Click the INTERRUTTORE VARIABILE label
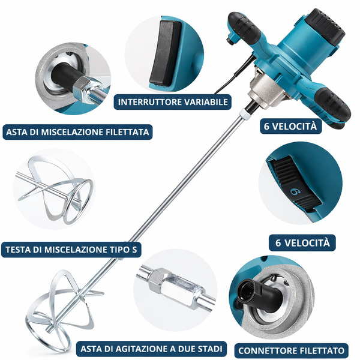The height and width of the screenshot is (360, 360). tap(172, 102)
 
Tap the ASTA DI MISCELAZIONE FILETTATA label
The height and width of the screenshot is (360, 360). tap(77, 132)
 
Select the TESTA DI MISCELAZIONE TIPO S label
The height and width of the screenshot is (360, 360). tap(71, 250)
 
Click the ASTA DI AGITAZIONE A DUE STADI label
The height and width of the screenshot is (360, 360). tap(151, 349)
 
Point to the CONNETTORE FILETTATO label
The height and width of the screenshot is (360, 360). tap(292, 350)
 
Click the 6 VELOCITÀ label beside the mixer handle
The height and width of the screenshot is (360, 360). tap(290, 126)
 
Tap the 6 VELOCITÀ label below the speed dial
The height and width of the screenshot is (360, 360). tap(302, 243)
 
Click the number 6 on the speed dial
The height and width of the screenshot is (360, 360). tap(295, 191)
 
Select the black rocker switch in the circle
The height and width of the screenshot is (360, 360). tap(165, 53)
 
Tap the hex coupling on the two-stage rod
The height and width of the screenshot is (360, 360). tap(159, 281)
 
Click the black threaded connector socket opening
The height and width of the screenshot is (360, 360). tap(246, 291)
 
